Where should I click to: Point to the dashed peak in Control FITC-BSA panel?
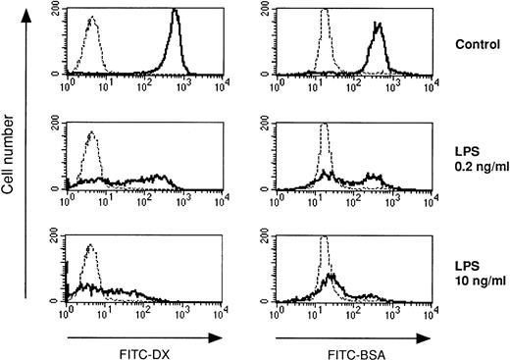point(322,14)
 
